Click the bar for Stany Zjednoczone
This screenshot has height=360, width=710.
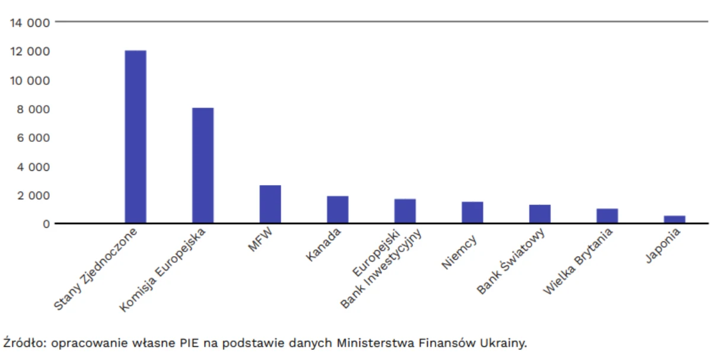[135, 137]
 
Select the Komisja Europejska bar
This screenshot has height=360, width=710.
[203, 165]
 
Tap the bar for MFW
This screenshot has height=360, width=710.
[270, 205]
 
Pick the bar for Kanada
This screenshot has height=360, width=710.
[338, 210]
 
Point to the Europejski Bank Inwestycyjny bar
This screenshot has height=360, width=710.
[405, 211]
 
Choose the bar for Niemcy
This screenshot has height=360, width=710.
[472, 213]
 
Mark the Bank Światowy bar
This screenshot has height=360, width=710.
[540, 214]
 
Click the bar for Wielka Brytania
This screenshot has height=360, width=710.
[607, 216]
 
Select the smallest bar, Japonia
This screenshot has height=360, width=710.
[674, 219]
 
